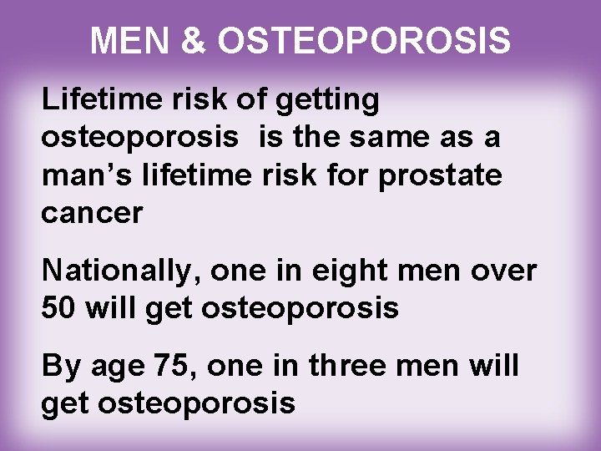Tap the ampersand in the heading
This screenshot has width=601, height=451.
point(193,39)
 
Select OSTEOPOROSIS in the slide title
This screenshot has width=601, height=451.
point(361,39)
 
